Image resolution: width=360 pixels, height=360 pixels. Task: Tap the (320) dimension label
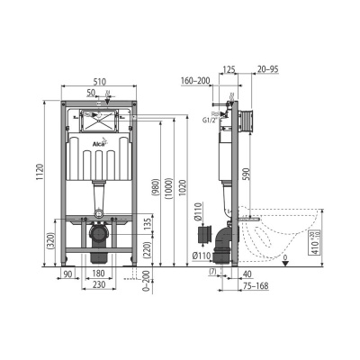[52, 238]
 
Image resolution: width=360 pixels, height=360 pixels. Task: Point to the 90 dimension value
[68, 274]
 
